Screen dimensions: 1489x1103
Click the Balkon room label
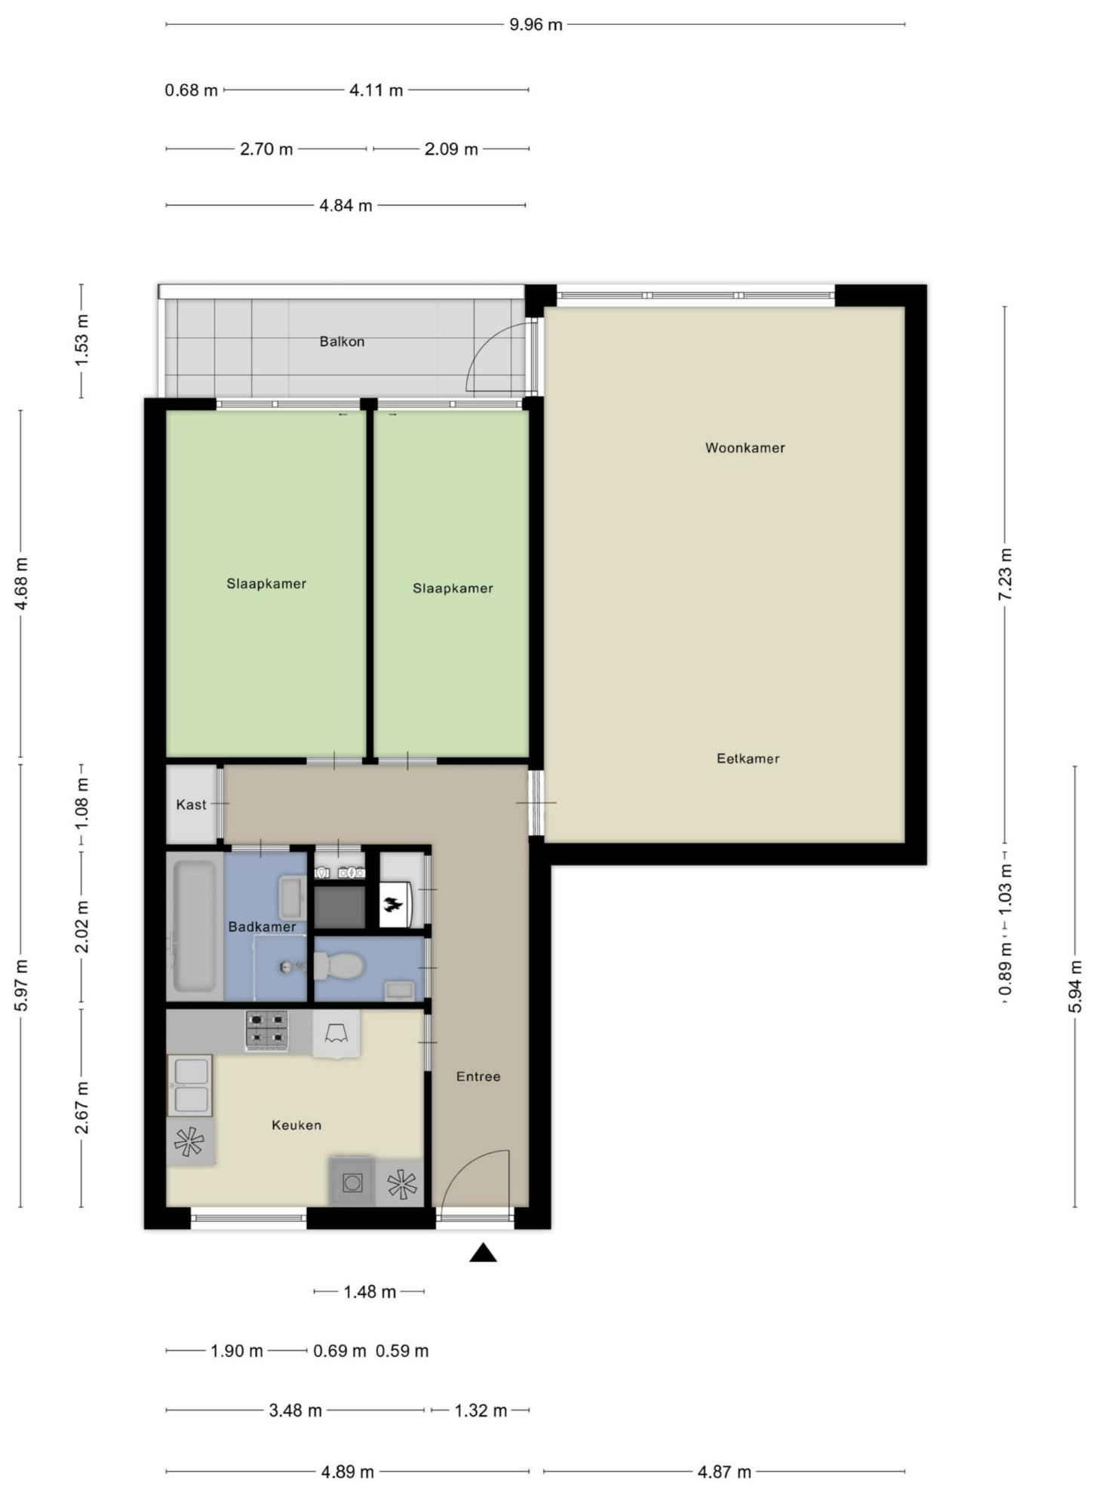[x=342, y=342]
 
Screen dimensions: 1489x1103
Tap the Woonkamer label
[x=745, y=448]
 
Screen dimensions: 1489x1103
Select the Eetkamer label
[x=748, y=759]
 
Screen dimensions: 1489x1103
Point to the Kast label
[x=191, y=805]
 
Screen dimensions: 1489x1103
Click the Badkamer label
[x=262, y=927]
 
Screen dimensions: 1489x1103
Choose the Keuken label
[x=296, y=1125]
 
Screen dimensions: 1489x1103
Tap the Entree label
[x=478, y=1076]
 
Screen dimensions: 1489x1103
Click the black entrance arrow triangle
[x=483, y=1254]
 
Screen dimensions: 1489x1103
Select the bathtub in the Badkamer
[x=194, y=926]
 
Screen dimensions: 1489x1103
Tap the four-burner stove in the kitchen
[x=267, y=1030]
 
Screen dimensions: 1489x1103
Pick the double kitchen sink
[x=190, y=1085]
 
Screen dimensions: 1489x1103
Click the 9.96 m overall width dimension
[x=536, y=25]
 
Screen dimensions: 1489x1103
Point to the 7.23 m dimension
[x=1005, y=574]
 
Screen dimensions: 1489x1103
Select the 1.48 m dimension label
[x=370, y=1292]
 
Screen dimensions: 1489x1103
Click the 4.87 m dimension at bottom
[x=724, y=1472]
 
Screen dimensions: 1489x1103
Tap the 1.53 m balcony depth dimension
[x=81, y=341]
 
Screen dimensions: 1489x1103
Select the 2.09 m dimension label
[x=451, y=149]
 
